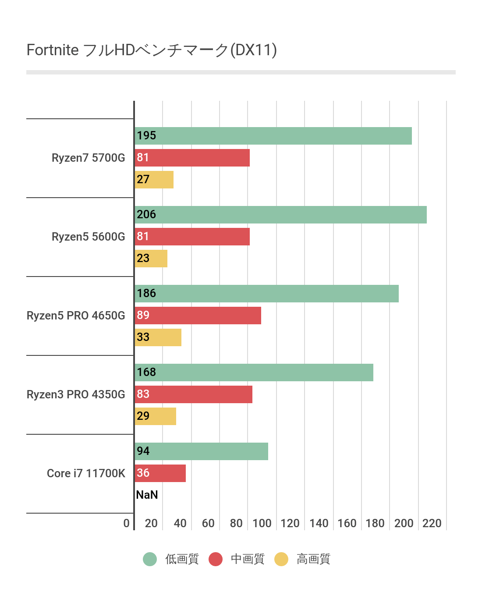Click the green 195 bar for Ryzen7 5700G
[x=273, y=136]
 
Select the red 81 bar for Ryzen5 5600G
[x=192, y=237]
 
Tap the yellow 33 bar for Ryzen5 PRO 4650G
[x=158, y=337]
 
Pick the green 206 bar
[x=280, y=215]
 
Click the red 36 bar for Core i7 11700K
[x=160, y=473]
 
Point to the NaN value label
[x=147, y=495]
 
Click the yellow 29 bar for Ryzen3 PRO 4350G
[x=156, y=416]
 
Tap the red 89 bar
[x=198, y=316]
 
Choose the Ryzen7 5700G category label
[x=88, y=158]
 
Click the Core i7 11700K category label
[x=86, y=473]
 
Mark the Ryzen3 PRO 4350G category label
[x=76, y=394]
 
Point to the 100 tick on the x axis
[x=262, y=523]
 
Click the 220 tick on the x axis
[x=432, y=523]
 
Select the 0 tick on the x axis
[x=126, y=523]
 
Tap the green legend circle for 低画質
[x=150, y=559]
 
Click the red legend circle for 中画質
[x=216, y=559]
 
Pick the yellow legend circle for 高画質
[x=281, y=559]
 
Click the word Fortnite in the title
[x=53, y=50]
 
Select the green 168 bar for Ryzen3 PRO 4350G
[x=254, y=372]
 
